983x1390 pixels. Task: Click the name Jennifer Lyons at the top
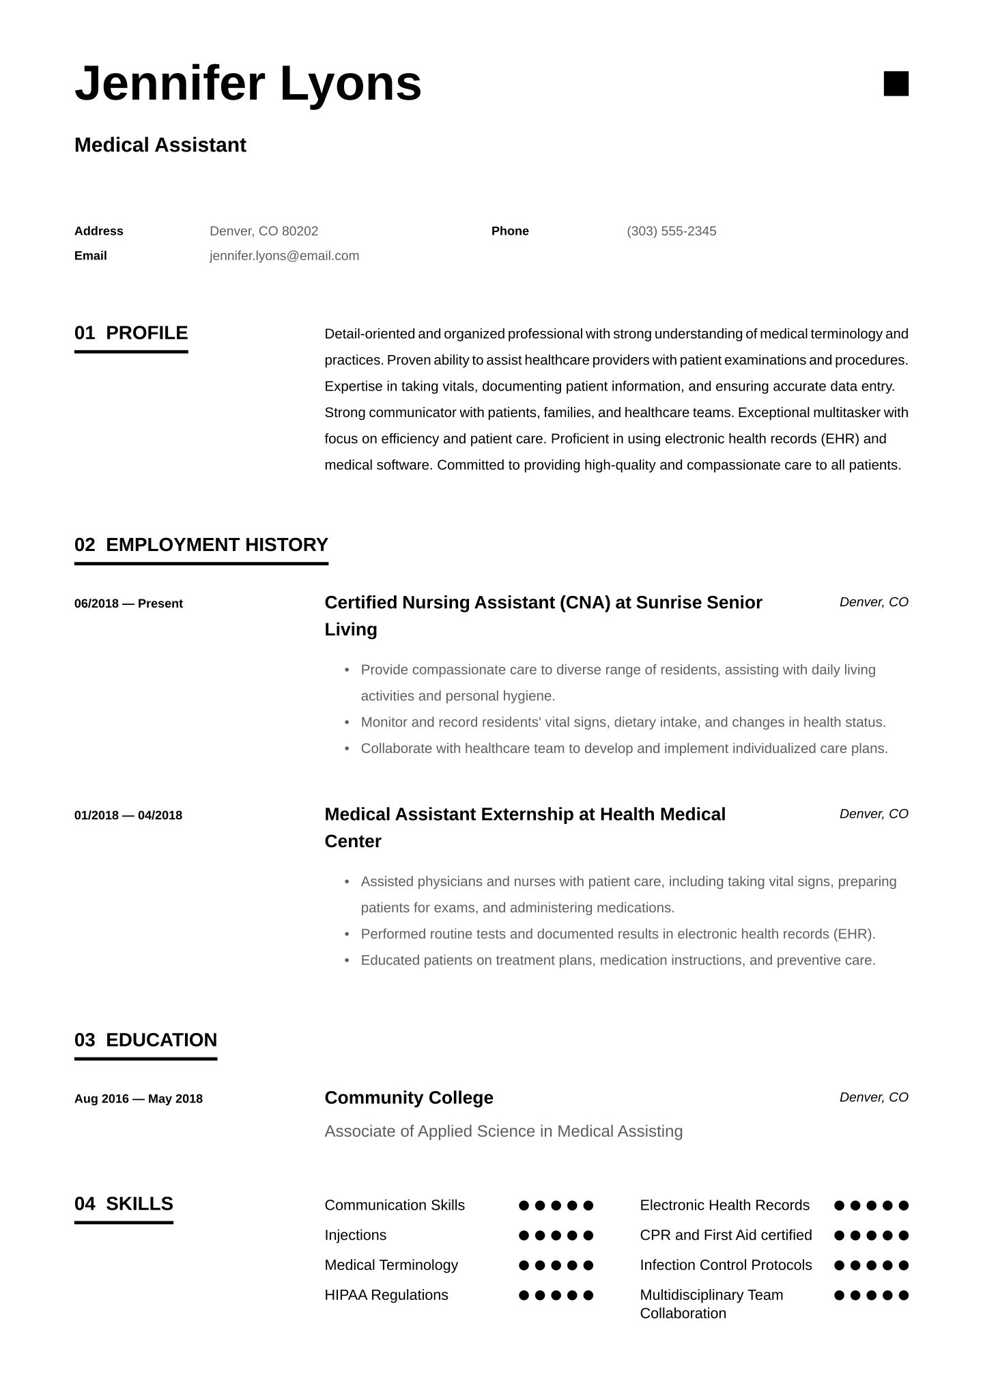[x=248, y=83]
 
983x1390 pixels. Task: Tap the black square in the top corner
[x=896, y=83]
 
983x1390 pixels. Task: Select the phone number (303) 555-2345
[x=671, y=231]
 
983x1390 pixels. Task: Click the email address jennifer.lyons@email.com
[x=284, y=255]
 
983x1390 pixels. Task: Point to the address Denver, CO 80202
[x=263, y=231]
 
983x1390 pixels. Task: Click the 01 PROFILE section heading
[x=131, y=333]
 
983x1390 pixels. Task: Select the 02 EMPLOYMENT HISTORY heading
[x=201, y=545]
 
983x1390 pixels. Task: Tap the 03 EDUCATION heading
[x=145, y=1040]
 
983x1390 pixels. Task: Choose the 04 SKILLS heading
[x=124, y=1204]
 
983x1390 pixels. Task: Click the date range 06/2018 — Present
[x=128, y=604]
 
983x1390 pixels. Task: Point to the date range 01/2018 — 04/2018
[x=128, y=815]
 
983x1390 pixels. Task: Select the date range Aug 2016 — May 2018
[x=139, y=1098]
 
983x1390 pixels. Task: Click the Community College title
[x=409, y=1098]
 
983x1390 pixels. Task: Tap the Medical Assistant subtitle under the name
[x=160, y=145]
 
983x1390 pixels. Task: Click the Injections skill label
[x=356, y=1235]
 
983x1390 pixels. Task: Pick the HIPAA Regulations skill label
[x=386, y=1295]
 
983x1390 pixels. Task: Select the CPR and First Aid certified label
[x=726, y=1235]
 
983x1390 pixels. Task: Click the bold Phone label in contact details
[x=510, y=231]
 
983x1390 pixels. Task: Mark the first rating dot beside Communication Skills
[x=524, y=1206]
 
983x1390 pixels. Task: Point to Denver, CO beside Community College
[x=874, y=1097]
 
